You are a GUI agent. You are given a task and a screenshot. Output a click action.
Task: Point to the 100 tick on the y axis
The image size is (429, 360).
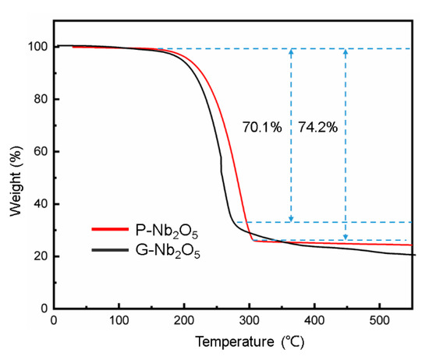click(37, 47)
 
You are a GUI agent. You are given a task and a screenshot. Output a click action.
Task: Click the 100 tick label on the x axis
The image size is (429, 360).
click(119, 321)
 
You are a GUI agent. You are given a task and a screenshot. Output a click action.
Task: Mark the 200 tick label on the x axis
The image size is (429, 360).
click(183, 321)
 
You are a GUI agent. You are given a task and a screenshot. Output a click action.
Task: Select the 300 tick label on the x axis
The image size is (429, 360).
click(249, 321)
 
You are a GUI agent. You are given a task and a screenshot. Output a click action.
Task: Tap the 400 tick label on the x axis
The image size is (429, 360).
click(314, 321)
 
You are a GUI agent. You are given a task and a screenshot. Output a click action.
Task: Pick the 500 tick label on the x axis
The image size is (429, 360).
click(379, 321)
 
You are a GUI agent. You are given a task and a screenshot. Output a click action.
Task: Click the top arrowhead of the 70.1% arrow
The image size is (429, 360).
click(291, 52)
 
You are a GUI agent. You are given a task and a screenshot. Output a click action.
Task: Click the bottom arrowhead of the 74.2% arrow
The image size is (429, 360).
click(346, 236)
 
